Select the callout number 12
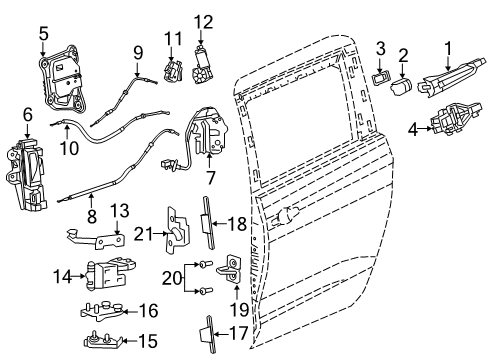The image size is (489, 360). pyautogui.click(x=203, y=21)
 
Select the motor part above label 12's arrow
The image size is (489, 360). pyautogui.click(x=203, y=70)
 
